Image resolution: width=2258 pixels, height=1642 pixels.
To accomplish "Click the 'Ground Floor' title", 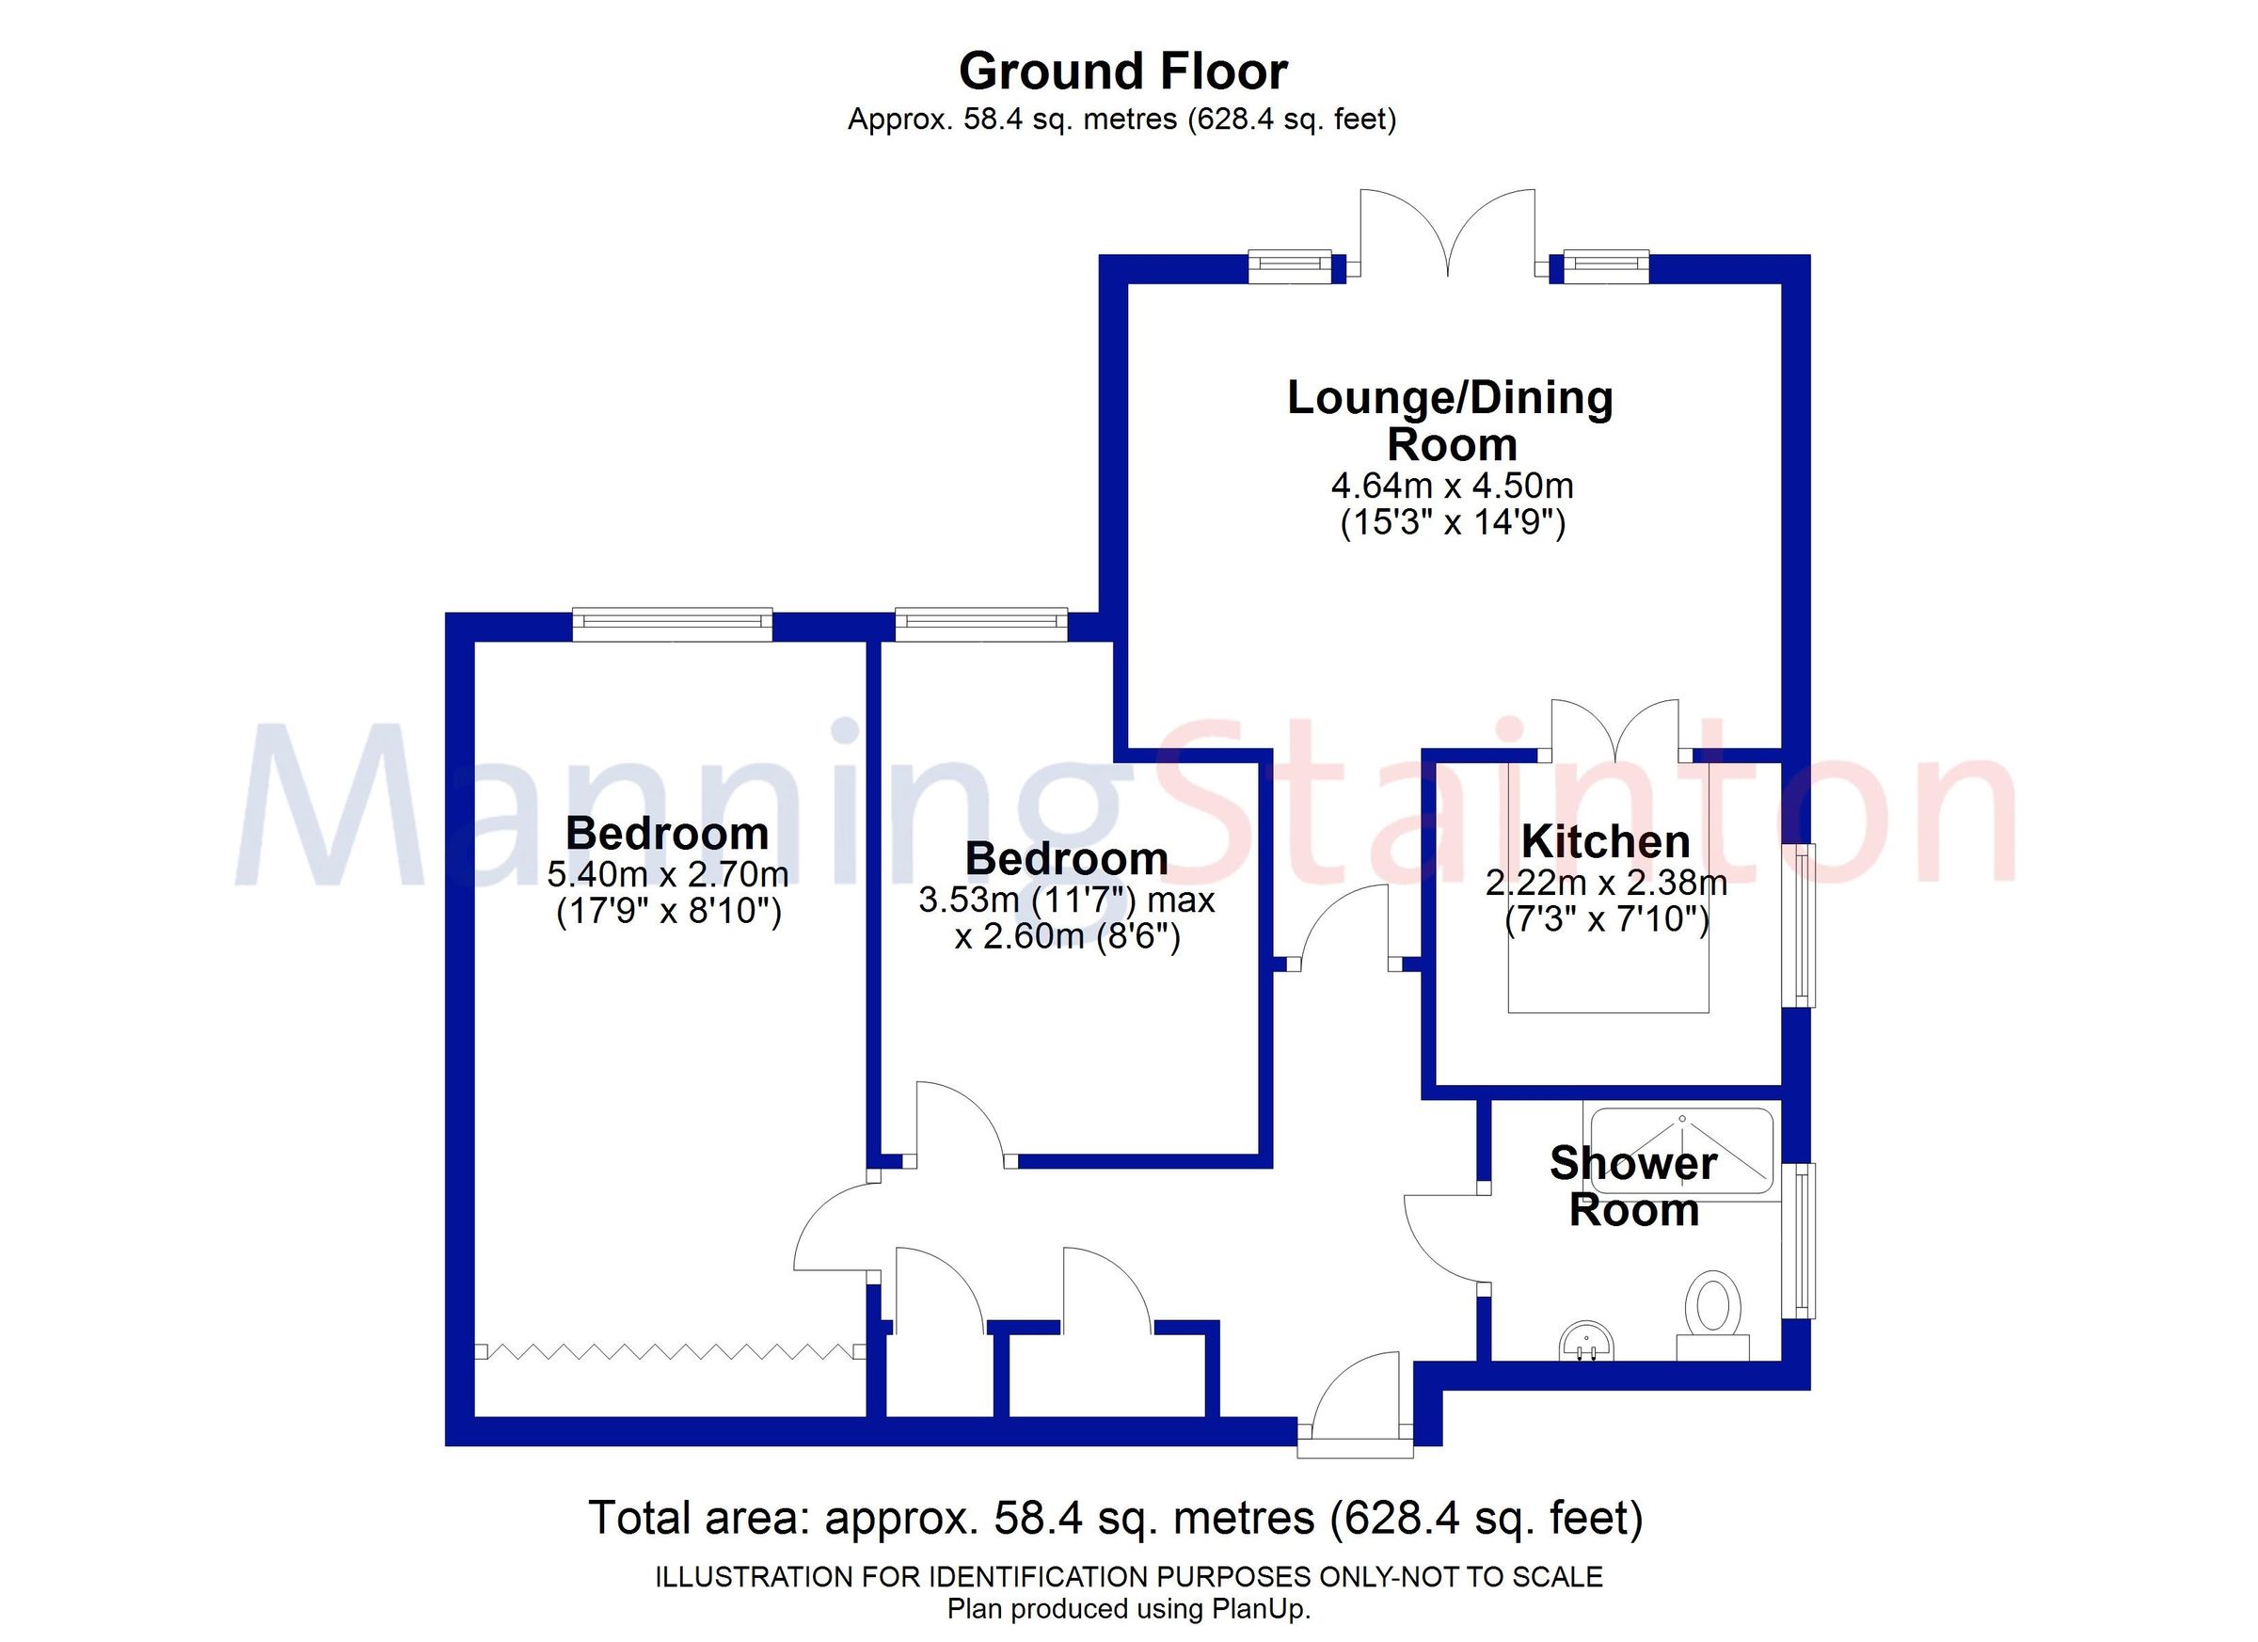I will click(1122, 72).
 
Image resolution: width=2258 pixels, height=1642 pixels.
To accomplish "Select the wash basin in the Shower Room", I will click(1585, 1340).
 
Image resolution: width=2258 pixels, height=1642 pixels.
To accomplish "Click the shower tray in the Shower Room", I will click(1681, 1150).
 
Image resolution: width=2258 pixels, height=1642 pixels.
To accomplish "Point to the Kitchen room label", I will click(1605, 842).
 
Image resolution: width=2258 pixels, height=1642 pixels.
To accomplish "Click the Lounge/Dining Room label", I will click(1451, 421).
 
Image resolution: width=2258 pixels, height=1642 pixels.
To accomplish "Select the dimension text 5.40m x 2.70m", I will click(667, 875).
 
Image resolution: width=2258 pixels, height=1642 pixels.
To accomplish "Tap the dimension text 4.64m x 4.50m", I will click(1452, 486).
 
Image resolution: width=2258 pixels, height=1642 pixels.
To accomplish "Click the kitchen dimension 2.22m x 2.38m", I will click(1606, 883).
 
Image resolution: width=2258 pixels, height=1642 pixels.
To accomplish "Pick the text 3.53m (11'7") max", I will click(1066, 901).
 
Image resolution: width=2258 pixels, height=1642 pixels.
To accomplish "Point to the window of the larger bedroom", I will click(672, 625).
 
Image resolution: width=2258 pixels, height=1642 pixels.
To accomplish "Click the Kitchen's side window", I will click(1803, 924).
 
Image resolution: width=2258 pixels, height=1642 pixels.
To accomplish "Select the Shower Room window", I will click(1803, 1239).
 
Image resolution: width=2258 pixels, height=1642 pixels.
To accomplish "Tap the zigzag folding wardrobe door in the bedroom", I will click(669, 1351).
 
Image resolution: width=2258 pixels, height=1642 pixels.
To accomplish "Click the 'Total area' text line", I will click(1115, 1519).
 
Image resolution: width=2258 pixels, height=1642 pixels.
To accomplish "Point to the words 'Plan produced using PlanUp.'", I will click(1128, 1610).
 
